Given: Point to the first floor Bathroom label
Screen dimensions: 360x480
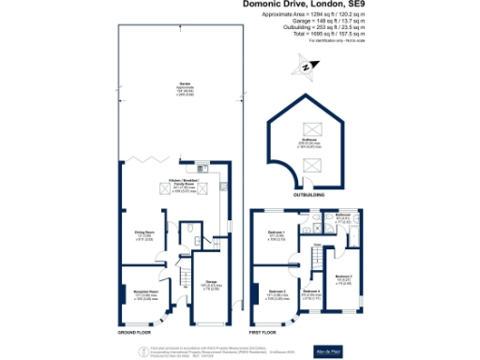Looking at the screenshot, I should [342, 215].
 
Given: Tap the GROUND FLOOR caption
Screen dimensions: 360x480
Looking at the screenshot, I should [134, 332].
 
